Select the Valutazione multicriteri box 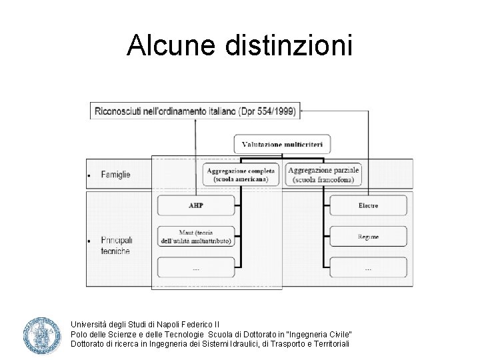tap(282, 144)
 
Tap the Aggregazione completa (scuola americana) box tap(240, 175)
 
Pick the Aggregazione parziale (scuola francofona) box tap(323, 175)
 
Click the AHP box tap(196, 205)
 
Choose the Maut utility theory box tap(196, 236)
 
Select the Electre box tap(368, 205)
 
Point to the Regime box tap(368, 236)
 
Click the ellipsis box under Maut tap(196, 267)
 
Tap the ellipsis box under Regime tap(368, 267)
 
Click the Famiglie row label tap(115, 175)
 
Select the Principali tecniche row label tap(117, 245)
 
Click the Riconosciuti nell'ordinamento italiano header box tap(196, 111)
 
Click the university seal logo tap(43, 335)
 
